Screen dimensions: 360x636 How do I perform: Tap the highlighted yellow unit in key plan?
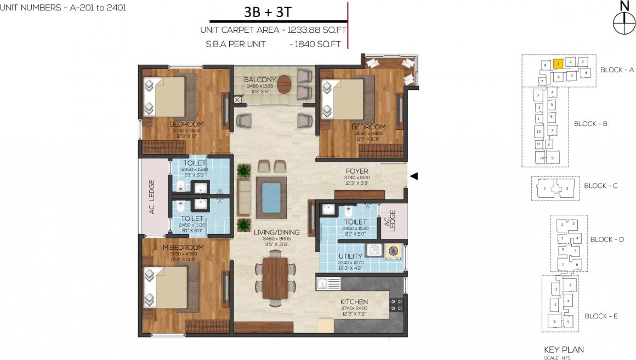click(558, 64)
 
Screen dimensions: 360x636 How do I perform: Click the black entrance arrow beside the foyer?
click(414, 176)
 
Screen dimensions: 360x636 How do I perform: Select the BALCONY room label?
click(260, 80)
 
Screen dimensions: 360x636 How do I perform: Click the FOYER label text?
click(356, 170)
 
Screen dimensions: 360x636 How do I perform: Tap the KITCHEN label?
click(354, 302)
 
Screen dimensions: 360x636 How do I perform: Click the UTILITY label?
click(350, 256)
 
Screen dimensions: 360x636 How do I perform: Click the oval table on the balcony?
click(285, 85)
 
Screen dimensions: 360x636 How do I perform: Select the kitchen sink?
click(328, 284)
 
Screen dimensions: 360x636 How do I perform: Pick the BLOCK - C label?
click(600, 186)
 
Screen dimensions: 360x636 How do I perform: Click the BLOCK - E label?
click(601, 316)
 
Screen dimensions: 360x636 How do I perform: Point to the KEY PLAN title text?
click(564, 350)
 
